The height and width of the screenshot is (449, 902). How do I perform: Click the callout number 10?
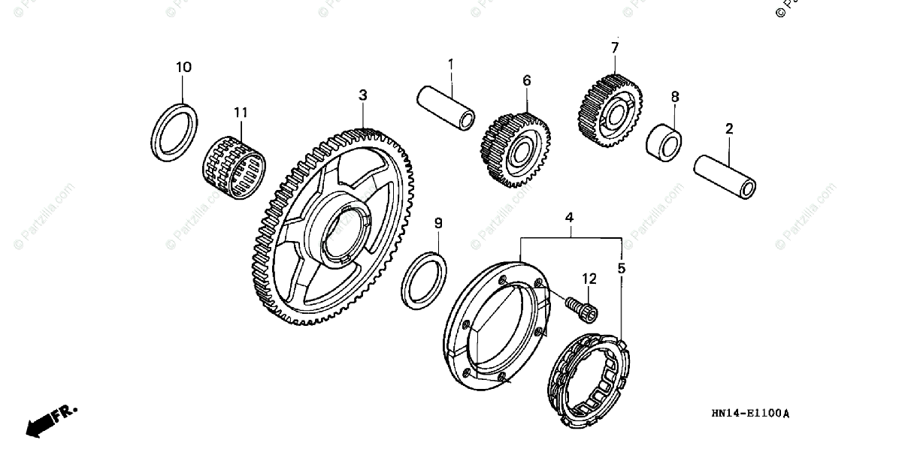(183, 68)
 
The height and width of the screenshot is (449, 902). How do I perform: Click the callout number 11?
(240, 113)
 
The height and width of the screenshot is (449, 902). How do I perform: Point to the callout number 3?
(363, 95)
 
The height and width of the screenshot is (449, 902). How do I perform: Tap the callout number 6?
(526, 80)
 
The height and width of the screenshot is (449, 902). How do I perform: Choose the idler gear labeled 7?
(611, 111)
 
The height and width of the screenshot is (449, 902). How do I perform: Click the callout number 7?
(615, 47)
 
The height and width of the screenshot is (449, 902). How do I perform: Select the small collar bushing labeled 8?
(664, 142)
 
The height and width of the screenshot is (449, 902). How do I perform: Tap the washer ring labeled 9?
(425, 281)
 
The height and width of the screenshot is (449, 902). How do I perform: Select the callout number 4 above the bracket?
(570, 218)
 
